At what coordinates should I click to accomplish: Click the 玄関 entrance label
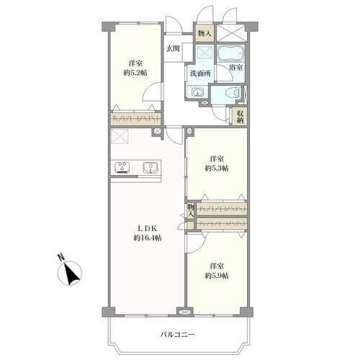(173, 49)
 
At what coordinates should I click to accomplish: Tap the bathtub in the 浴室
(230, 54)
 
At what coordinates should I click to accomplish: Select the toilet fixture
(233, 92)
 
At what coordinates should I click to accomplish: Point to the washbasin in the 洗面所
(197, 92)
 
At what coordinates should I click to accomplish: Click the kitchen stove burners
(122, 168)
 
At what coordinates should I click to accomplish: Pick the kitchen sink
(150, 168)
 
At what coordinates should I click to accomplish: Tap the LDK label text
(147, 228)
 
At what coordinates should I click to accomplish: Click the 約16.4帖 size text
(148, 238)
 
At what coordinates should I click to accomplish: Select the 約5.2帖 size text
(135, 73)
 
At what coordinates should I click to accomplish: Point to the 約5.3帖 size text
(217, 168)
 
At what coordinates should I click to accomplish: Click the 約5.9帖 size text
(217, 276)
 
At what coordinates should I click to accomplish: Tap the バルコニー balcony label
(178, 334)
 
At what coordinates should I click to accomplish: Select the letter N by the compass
(61, 257)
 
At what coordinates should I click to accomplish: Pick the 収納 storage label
(240, 117)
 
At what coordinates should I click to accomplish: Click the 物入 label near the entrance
(204, 33)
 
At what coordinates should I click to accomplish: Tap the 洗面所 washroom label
(200, 73)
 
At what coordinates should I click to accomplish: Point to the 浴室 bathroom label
(235, 68)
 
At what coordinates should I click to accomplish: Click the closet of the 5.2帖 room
(135, 119)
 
